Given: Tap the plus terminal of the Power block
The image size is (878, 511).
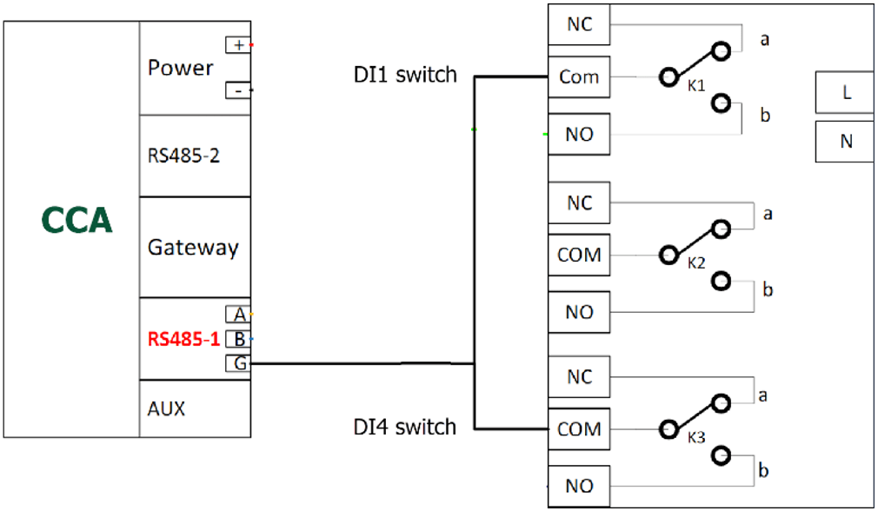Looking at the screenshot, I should [237, 44].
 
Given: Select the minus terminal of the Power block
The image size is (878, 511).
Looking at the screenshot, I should [236, 90].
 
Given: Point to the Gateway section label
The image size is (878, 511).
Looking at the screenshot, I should [192, 248].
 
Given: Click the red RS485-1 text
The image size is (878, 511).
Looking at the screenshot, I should [183, 339].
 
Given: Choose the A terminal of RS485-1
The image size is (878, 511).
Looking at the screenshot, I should [237, 315].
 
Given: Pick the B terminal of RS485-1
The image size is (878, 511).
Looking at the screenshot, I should [237, 339].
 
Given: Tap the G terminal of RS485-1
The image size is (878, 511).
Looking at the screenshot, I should [237, 363].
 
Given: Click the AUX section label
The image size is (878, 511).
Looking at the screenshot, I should [166, 408].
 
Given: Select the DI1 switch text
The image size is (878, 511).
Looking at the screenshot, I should [404, 76].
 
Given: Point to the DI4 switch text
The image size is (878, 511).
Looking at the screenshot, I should [404, 427].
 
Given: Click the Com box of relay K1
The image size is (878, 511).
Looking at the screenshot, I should [579, 77].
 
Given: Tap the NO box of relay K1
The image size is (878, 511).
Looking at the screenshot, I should [579, 135].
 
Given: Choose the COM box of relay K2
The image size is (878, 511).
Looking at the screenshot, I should [579, 255].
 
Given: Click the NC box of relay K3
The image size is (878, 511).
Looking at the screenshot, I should [579, 378].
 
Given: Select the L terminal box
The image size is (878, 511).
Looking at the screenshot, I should [846, 93].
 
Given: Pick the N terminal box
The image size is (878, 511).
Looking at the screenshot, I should [846, 142].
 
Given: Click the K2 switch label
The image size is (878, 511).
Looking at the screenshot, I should [695, 263].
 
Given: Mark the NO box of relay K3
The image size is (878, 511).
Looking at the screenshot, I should [579, 486].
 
